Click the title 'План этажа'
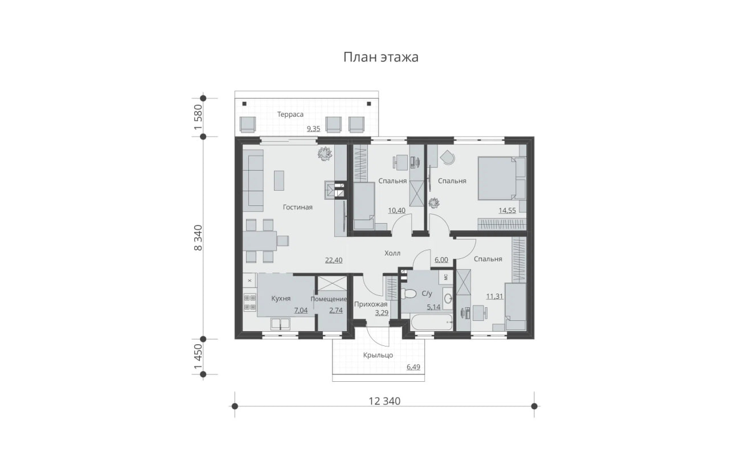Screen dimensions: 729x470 click(x=381, y=57)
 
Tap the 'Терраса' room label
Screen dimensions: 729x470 click(x=290, y=114)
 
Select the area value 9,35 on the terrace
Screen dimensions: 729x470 click(x=313, y=129)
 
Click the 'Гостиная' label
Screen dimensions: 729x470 click(x=297, y=207)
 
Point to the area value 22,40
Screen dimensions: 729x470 click(x=334, y=260)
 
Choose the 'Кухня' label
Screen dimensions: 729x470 click(x=281, y=298)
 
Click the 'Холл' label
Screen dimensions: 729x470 click(x=392, y=253)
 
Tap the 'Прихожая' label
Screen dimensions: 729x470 click(x=371, y=304)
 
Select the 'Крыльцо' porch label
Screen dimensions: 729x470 click(x=378, y=355)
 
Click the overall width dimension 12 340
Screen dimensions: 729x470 click(x=384, y=401)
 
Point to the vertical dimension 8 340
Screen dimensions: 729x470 click(x=198, y=238)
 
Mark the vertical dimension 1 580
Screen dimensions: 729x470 click(x=198, y=117)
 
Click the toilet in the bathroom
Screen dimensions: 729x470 click(x=408, y=294)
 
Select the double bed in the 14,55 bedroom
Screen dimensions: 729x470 click(x=502, y=178)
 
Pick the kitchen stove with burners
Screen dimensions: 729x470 click(x=250, y=302)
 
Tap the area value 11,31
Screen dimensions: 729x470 click(x=495, y=296)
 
